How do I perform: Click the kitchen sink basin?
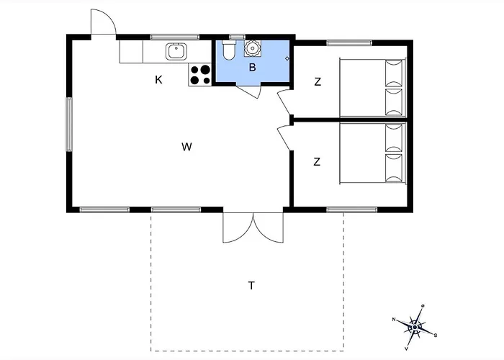pos(176,52)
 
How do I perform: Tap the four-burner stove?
pos(200,75)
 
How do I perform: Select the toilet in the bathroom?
pos(229,50)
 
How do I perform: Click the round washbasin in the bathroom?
pos(252,48)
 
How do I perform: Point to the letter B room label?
pos(252,68)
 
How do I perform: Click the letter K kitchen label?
pos(158,80)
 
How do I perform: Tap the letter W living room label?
pos(186,147)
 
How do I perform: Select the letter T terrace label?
pos(251,285)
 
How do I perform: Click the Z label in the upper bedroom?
pos(318,82)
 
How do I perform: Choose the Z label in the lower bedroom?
pos(317,162)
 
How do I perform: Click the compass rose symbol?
pos(415,327)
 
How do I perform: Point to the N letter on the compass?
pos(394,320)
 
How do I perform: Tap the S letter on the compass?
pos(436,336)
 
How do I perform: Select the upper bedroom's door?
pos(284,102)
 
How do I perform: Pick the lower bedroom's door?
pos(284,138)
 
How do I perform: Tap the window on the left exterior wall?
pos(69,125)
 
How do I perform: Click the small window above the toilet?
pos(237,37)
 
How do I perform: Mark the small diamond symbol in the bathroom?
pos(287,58)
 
